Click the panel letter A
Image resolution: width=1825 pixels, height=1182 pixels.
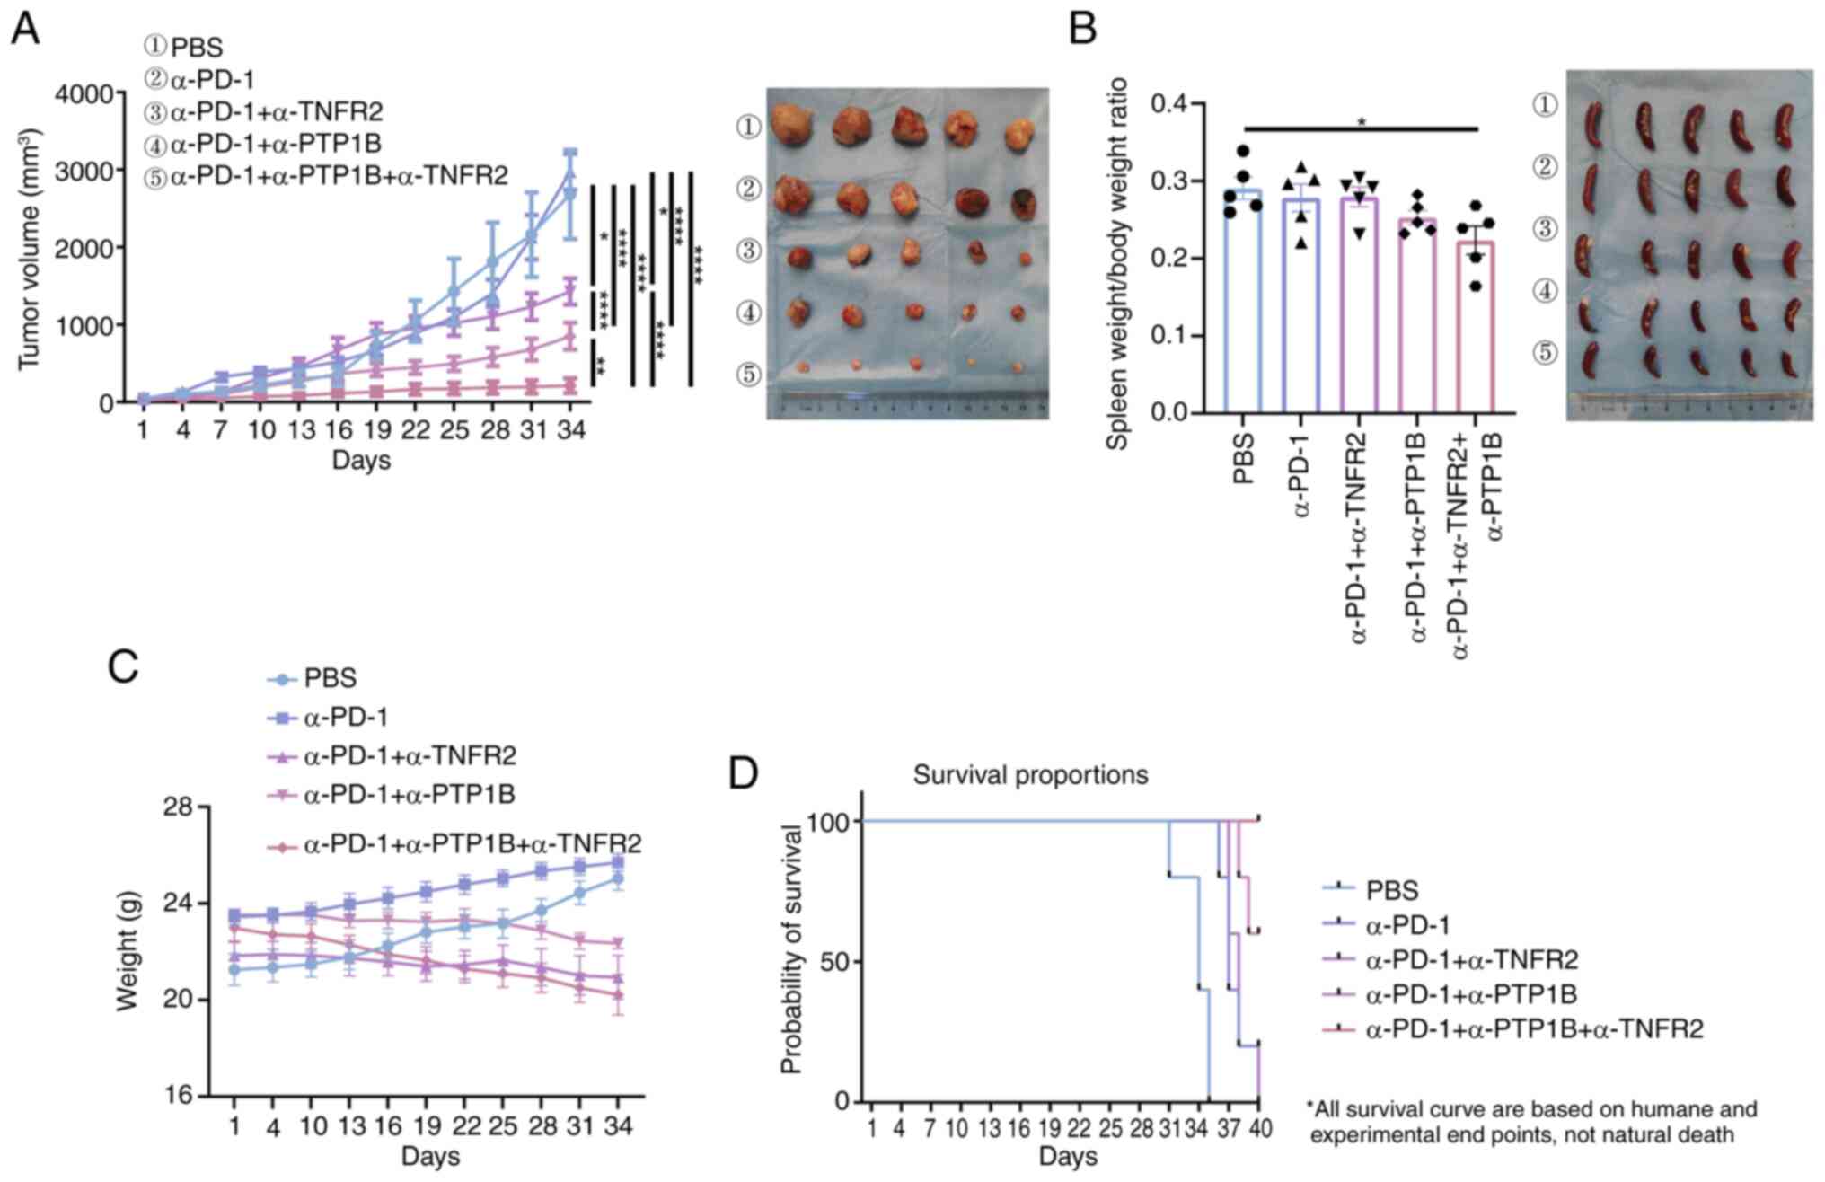click(25, 29)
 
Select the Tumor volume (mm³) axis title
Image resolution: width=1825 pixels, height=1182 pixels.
click(29, 248)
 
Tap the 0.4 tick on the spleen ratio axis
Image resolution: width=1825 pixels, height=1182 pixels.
click(1171, 104)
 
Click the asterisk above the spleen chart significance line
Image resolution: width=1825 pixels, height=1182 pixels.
click(1362, 122)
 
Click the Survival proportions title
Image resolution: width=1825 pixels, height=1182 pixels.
click(1030, 775)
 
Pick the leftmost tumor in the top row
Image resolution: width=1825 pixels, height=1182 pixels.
click(793, 124)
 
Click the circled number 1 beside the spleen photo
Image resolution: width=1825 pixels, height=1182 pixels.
click(1544, 106)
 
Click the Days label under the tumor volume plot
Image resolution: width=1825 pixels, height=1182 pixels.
click(361, 461)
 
